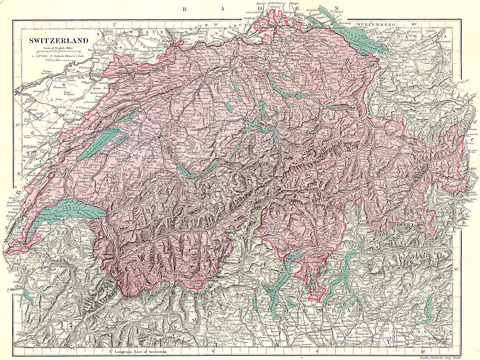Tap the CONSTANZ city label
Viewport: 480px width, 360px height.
337,27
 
